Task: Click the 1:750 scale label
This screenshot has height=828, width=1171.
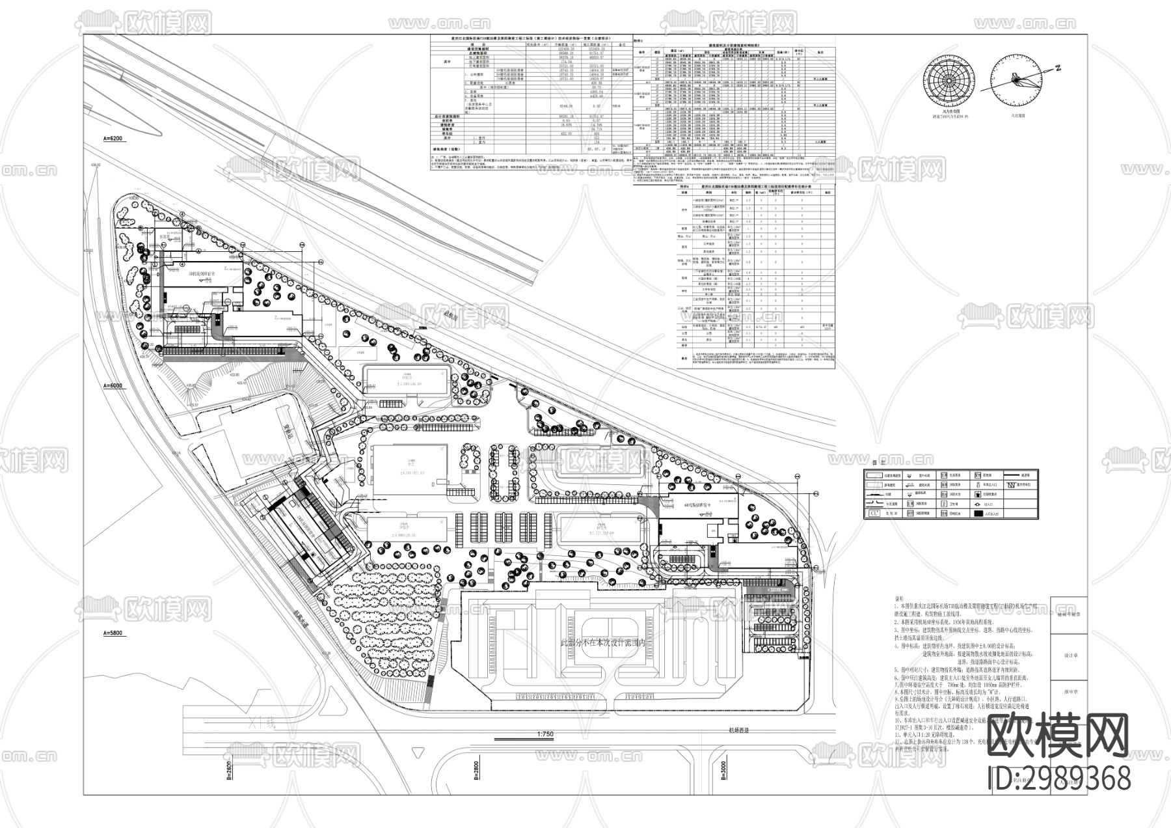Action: coord(545,734)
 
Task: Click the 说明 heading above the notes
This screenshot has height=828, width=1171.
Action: coord(900,599)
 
